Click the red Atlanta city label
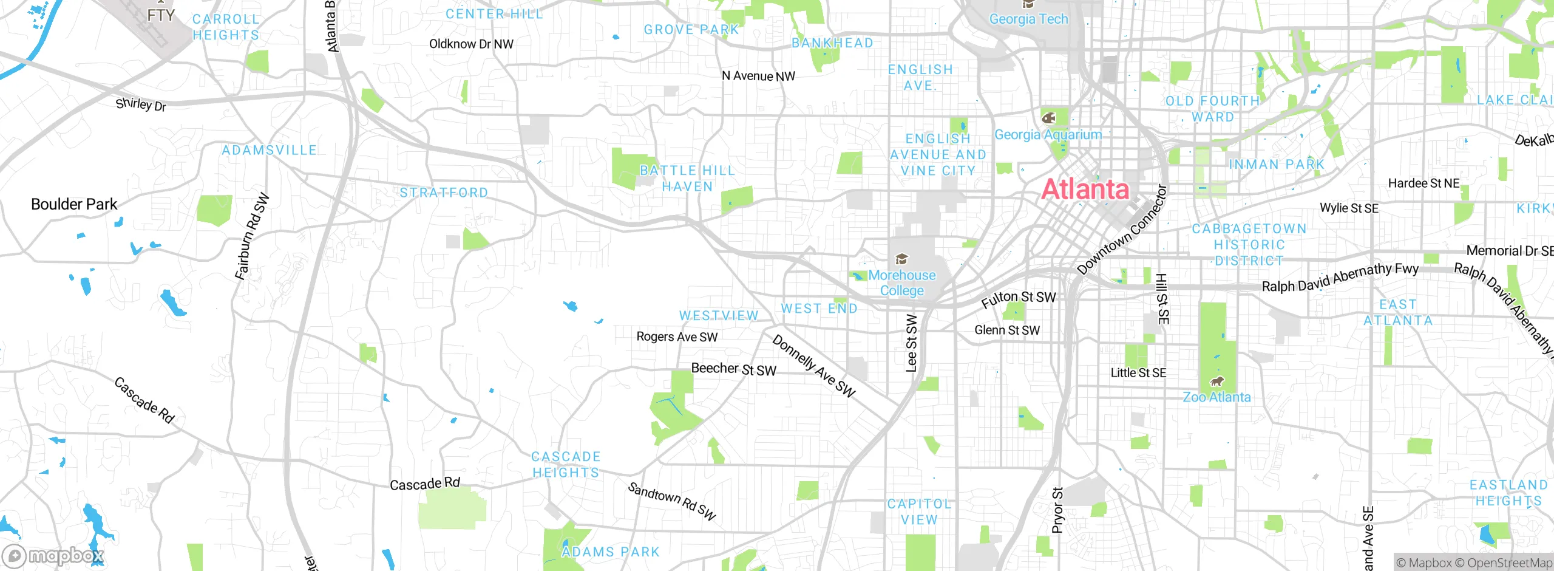pos(1085,190)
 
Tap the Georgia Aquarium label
pos(1048,135)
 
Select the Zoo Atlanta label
pos(1216,397)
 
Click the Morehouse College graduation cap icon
pos(902,259)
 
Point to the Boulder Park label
pos(74,204)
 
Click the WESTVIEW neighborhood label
pos(719,316)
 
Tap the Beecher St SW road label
pos(733,369)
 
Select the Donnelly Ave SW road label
pos(813,366)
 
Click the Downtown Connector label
pos(1122,231)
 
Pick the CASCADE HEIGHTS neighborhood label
pos(566,465)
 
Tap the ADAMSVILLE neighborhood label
pos(269,150)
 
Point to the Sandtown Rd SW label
pos(672,501)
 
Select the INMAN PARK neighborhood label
pos(1276,165)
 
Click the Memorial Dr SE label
pos(1509,250)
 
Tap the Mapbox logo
pos(53,555)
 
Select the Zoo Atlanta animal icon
pos(1216,381)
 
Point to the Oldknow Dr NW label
pos(471,44)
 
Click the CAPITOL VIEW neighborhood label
pos(919,511)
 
